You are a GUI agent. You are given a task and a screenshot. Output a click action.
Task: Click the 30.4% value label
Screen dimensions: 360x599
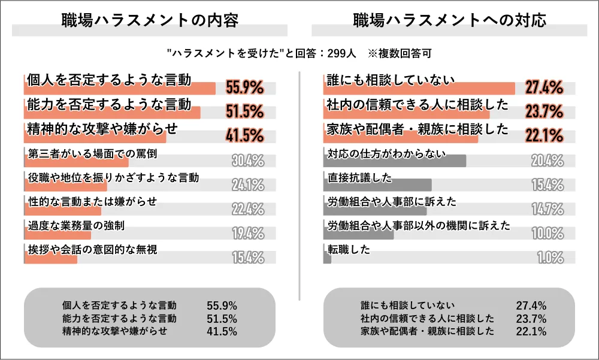click(248, 161)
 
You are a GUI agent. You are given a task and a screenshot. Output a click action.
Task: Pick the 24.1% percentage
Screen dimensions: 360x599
click(248, 185)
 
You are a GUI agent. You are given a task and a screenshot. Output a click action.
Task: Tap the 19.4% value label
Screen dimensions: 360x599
click(248, 234)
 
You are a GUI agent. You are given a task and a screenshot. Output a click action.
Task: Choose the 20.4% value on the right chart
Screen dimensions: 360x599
click(547, 161)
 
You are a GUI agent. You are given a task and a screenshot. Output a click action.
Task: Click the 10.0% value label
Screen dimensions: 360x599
click(547, 234)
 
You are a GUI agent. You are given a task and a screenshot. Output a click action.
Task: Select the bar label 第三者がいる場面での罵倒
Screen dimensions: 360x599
click(92, 153)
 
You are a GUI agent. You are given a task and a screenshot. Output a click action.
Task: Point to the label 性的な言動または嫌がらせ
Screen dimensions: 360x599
click(92, 202)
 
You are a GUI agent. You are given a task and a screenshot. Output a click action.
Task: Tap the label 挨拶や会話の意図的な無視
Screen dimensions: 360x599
click(92, 250)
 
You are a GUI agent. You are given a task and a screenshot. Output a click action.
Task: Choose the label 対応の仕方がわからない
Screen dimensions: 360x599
click(387, 153)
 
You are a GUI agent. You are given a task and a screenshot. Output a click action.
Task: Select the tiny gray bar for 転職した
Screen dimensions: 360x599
click(327, 258)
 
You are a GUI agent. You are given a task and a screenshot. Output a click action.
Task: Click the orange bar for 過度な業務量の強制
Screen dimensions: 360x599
click(58, 234)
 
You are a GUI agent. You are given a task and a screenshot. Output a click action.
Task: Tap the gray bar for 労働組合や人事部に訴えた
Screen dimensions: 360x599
click(374, 210)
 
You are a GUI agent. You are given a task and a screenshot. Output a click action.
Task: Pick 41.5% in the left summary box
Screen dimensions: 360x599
click(222, 331)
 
